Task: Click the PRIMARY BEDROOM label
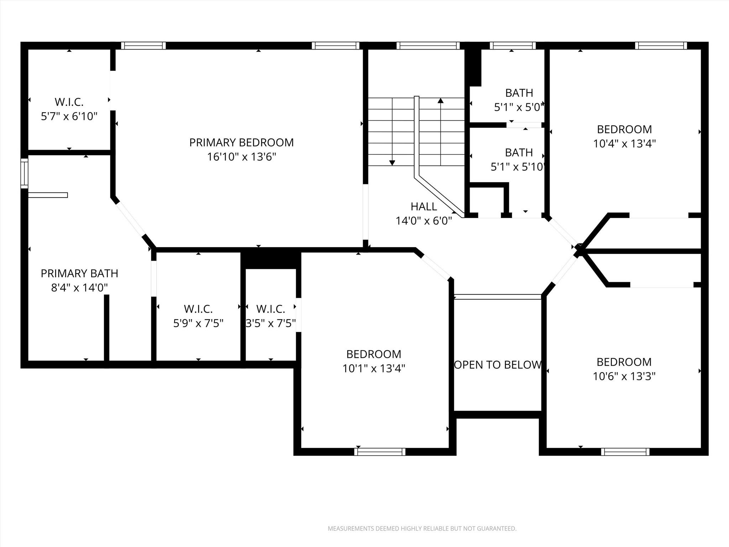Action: click(241, 142)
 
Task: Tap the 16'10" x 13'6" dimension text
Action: click(242, 157)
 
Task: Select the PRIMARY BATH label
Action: click(79, 273)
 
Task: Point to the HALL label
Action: click(424, 207)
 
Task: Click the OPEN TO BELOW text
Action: click(498, 365)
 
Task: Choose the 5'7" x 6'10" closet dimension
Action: click(69, 116)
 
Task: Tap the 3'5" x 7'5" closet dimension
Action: click(271, 323)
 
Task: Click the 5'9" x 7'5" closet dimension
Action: click(198, 323)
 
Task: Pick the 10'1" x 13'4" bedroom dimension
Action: click(374, 368)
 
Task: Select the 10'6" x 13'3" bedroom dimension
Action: click(624, 376)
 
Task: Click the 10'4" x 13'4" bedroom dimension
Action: click(624, 144)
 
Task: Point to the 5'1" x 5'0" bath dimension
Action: click(519, 107)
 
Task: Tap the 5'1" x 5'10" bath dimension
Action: click(518, 167)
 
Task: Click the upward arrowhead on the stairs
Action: click(441, 100)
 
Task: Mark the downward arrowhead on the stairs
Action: click(392, 163)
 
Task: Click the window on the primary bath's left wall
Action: click(24, 173)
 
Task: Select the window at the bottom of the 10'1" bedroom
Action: click(380, 452)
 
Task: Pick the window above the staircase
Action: click(428, 46)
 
